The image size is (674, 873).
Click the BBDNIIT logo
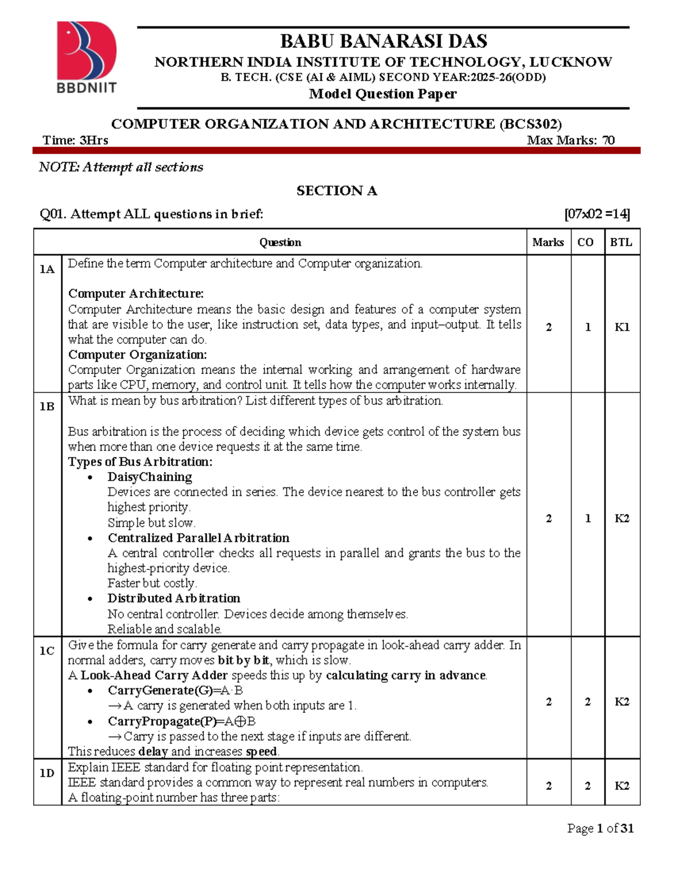tap(86, 57)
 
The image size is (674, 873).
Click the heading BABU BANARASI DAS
tap(384, 41)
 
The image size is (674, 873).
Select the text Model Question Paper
tap(383, 94)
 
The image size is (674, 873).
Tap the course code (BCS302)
tap(531, 124)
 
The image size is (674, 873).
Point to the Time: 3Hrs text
tap(75, 141)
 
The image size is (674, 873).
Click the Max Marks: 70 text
tap(571, 141)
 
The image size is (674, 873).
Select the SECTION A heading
tap(336, 191)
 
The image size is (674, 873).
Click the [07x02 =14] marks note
tap(597, 214)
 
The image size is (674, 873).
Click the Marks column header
tap(548, 242)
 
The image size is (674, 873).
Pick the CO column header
tap(585, 242)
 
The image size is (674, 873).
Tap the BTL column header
tap(621, 242)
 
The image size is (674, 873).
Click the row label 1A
tap(47, 269)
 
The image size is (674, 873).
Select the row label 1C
tap(47, 651)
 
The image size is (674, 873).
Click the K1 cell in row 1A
tap(622, 327)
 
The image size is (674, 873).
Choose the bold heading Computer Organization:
tap(138, 355)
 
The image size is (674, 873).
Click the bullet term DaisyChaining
tap(150, 477)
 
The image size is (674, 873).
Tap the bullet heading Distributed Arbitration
tap(174, 598)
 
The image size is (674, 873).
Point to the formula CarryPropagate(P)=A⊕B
tap(181, 721)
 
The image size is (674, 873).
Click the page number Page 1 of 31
tap(600, 828)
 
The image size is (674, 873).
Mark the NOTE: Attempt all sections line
tap(121, 167)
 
